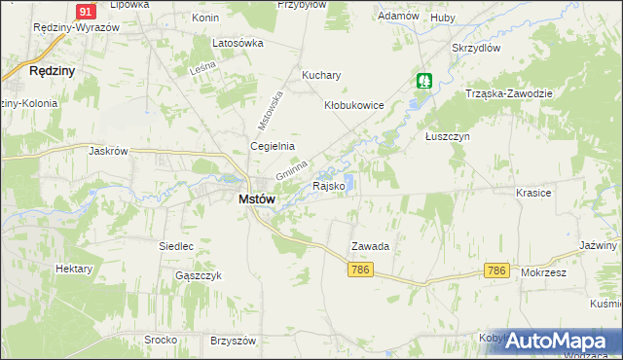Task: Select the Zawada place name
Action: pyautogui.click(x=370, y=247)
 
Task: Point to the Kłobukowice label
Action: pyautogui.click(x=354, y=105)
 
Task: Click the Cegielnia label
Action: pyautogui.click(x=273, y=147)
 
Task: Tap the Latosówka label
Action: pyautogui.click(x=238, y=44)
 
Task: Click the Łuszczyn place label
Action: pyautogui.click(x=448, y=137)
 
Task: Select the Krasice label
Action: pyautogui.click(x=534, y=193)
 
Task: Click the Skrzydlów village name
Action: pyautogui.click(x=476, y=47)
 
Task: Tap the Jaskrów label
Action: pyautogui.click(x=108, y=152)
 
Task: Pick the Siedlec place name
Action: pyautogui.click(x=176, y=246)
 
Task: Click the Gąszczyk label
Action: pyautogui.click(x=200, y=275)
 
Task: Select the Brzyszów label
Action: pyautogui.click(x=233, y=341)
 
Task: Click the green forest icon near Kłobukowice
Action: pyautogui.click(x=424, y=80)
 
